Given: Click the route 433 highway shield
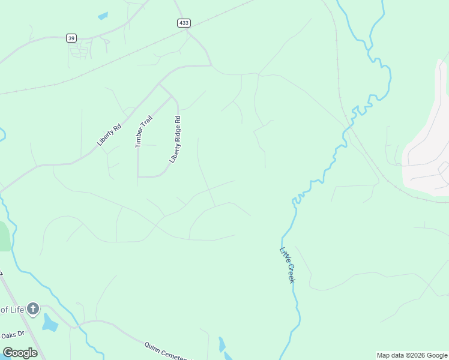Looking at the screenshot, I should point(184,23).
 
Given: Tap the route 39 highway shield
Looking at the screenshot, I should point(71,38).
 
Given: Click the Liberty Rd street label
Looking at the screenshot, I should point(109,135).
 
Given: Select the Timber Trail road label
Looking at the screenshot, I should point(143,131).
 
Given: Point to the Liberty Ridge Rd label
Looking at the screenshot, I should point(175,139).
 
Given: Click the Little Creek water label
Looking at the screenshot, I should point(288,266).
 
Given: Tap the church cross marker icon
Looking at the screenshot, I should point(33,309).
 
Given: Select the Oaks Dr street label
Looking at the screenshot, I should point(12,335).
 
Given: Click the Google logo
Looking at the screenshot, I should point(20,353).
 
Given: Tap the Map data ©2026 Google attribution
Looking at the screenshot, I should point(412,355).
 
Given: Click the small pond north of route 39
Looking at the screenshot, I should point(103,16).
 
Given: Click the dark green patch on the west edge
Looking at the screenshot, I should point(4,236).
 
